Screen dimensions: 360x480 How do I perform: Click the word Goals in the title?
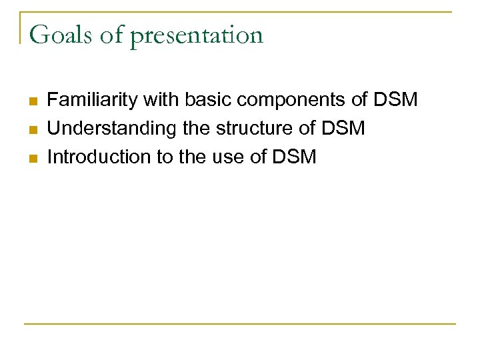(61, 35)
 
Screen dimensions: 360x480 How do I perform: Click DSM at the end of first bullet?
(395, 100)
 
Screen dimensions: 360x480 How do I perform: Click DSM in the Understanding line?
(343, 129)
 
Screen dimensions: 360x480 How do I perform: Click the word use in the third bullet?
(236, 157)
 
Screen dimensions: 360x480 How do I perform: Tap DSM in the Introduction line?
(293, 157)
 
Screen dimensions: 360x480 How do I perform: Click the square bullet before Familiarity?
(31, 101)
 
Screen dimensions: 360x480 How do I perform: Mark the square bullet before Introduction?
(31, 158)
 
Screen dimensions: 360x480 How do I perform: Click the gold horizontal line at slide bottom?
(240, 324)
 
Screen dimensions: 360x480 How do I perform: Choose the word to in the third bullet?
(163, 157)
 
